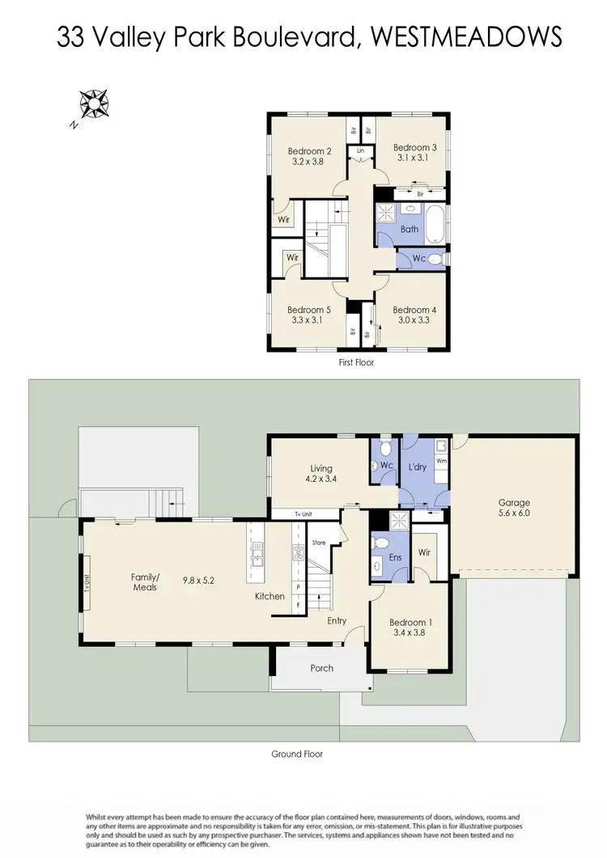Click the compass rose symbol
point(94,104)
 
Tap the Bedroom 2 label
point(310,150)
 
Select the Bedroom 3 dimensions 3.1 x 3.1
point(414,158)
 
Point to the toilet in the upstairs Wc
point(435,260)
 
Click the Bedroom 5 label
point(309,310)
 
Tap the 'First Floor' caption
point(356,363)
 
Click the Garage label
point(513,502)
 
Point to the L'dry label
point(418,468)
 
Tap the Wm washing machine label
point(442,461)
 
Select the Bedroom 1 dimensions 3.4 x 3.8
point(408,633)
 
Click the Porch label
point(321,668)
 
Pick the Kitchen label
point(270,596)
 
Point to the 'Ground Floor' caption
point(297,754)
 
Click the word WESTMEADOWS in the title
point(464,37)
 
